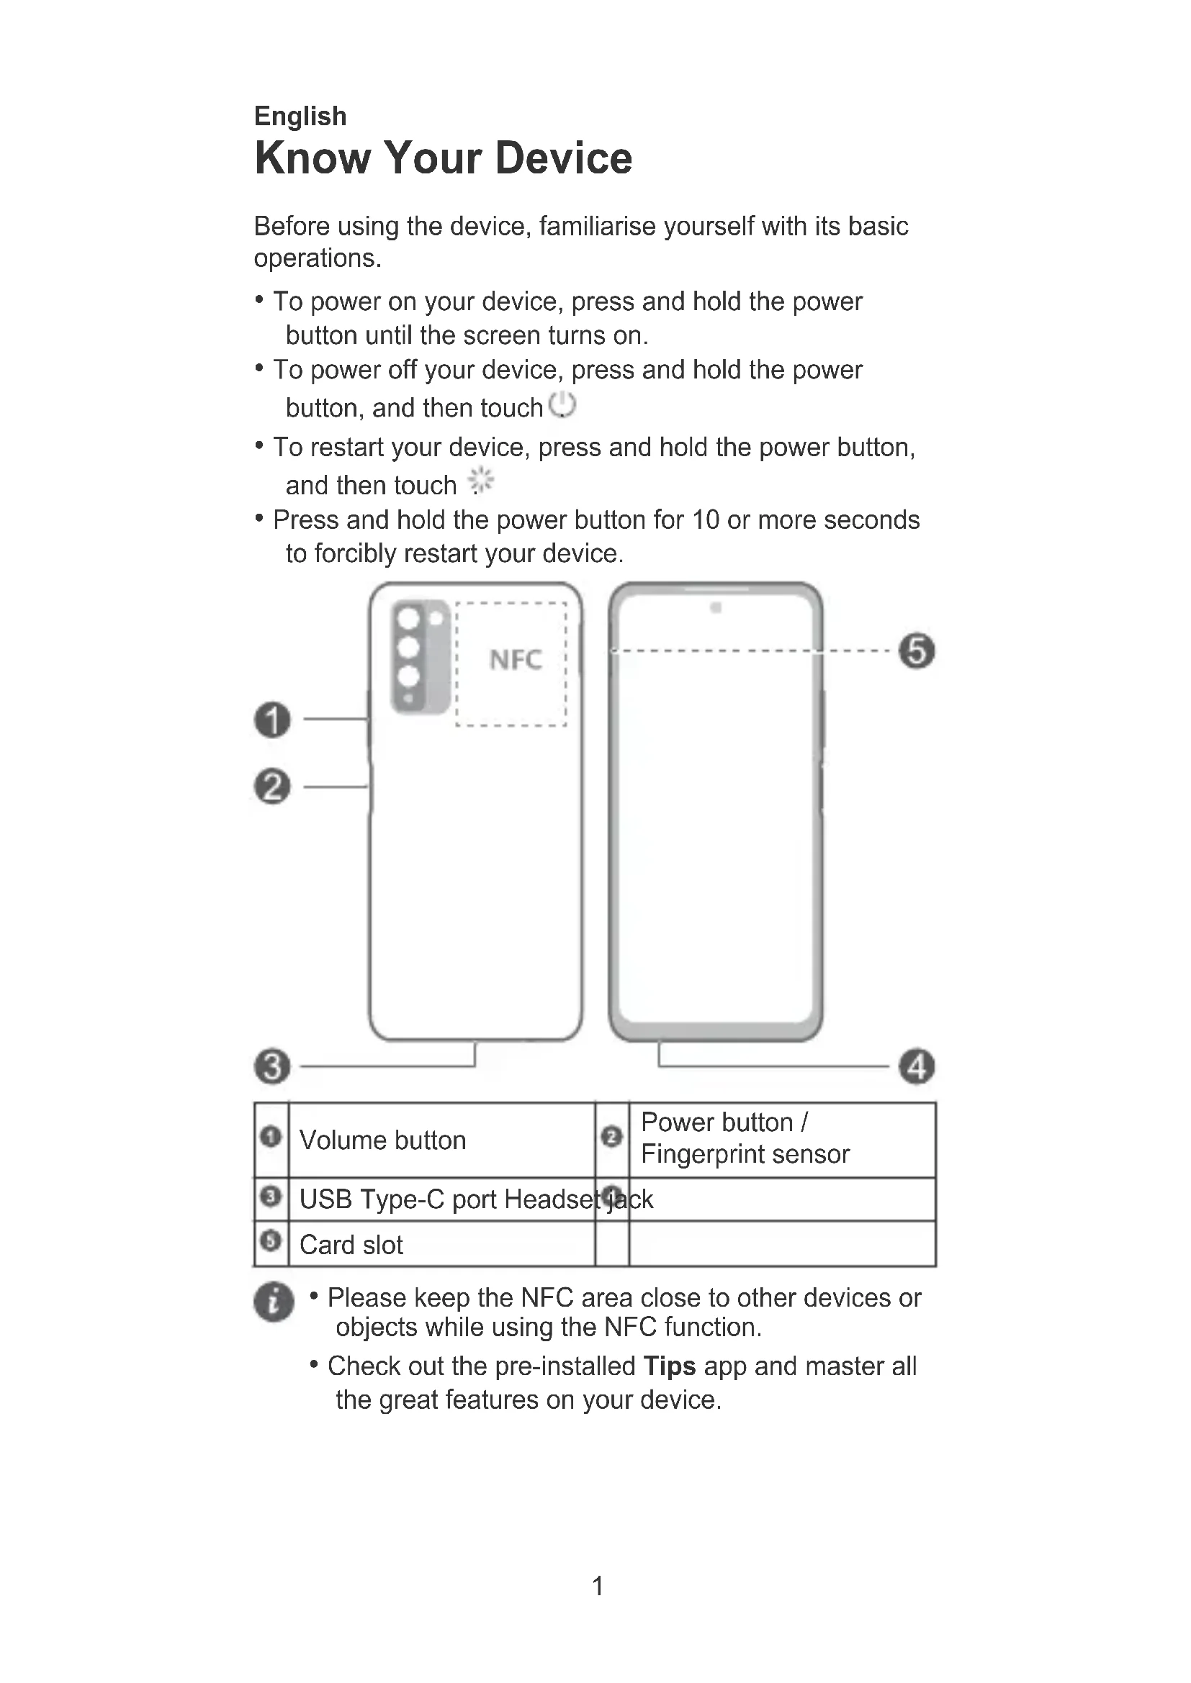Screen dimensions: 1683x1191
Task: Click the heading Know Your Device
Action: point(443,158)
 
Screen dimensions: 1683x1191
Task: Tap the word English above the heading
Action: point(300,116)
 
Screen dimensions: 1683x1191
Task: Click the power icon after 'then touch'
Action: point(562,404)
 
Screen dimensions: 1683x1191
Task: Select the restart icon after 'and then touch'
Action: point(481,481)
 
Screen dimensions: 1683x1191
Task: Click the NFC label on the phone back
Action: point(516,660)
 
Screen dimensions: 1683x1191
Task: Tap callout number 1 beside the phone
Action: point(272,719)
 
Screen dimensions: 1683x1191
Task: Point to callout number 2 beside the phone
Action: point(272,786)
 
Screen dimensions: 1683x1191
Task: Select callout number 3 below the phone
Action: point(272,1066)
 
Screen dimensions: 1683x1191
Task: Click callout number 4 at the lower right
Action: point(917,1066)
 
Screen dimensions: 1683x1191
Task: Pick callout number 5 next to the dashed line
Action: point(917,651)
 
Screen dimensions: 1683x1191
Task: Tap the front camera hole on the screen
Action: point(716,608)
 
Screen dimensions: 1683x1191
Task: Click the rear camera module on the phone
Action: point(421,656)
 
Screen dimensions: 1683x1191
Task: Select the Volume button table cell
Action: point(382,1140)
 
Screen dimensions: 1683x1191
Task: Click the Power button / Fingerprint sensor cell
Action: point(745,1138)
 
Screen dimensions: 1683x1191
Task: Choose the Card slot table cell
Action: point(351,1244)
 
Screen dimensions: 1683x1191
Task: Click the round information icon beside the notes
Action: point(274,1302)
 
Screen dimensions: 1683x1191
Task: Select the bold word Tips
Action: point(669,1366)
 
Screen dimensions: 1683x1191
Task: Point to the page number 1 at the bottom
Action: point(598,1586)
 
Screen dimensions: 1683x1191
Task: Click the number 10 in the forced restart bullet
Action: point(706,520)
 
